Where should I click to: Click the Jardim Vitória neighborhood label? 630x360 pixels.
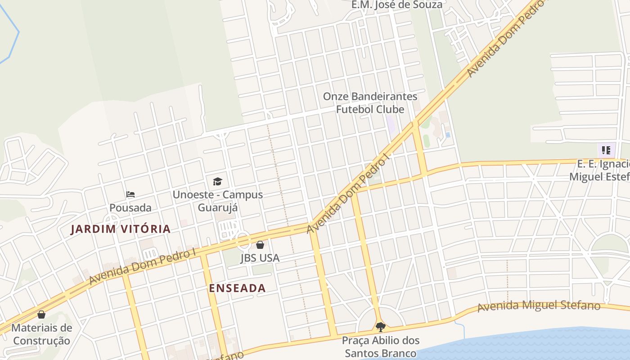point(121,229)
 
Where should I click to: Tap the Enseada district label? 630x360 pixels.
point(237,288)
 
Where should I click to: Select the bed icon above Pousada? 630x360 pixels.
point(130,194)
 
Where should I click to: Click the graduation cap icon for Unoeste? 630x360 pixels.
point(218,181)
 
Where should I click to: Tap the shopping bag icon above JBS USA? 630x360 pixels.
point(260,245)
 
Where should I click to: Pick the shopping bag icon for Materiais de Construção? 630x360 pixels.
point(41,314)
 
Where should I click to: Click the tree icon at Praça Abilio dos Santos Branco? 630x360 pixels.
point(381,327)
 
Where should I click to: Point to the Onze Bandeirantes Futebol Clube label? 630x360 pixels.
point(370,103)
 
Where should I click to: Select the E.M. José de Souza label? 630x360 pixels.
point(396,5)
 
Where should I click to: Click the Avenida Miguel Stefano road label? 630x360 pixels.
point(539,306)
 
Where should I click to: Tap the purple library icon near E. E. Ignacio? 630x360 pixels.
point(606,150)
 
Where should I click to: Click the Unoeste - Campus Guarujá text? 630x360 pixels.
point(218,201)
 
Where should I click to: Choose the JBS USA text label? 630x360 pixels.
point(260,258)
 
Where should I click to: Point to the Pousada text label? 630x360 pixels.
point(130,207)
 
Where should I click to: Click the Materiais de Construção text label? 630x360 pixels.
point(41,334)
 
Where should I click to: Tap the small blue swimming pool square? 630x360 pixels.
point(447,135)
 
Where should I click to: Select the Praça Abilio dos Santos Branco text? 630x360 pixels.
point(381,346)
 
